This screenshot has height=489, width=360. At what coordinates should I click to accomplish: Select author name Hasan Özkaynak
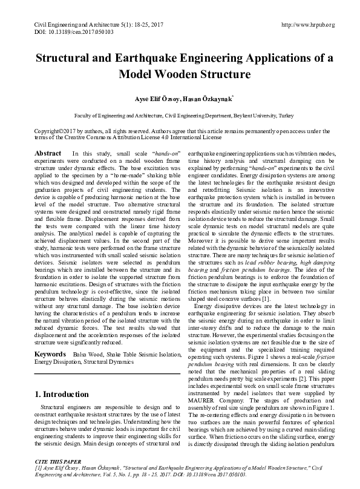click(203, 98)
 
